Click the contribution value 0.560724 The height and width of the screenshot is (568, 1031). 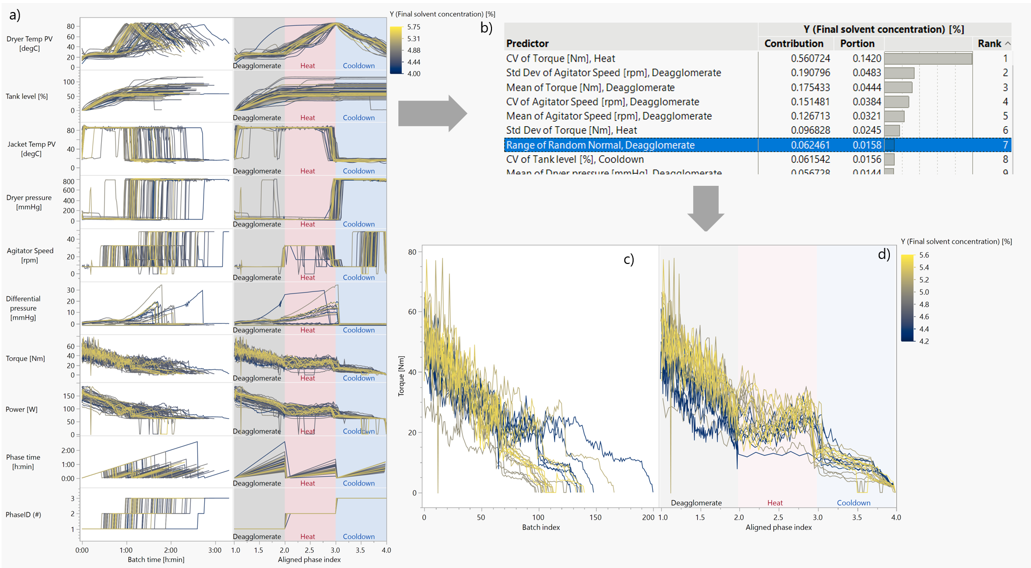pos(810,59)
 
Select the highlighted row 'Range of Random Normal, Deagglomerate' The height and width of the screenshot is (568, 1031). pos(600,145)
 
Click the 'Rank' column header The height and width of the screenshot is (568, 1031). pos(989,44)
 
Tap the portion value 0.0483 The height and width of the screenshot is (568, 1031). pos(866,73)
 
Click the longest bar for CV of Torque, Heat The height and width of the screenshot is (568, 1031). pos(928,59)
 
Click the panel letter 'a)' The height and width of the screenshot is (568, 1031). pos(15,15)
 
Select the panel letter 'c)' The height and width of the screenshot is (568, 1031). pos(629,259)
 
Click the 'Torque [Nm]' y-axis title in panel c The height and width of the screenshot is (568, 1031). pos(401,376)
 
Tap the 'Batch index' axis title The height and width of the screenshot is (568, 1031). pos(541,527)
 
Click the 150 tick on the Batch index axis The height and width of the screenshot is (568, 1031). pos(595,517)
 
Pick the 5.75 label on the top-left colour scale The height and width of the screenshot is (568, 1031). pos(413,27)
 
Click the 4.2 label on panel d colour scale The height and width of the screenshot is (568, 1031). pos(923,342)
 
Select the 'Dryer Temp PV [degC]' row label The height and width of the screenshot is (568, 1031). pos(29,44)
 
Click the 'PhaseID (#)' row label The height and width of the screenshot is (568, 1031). pos(23,514)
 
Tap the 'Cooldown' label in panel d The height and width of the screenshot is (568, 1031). pos(853,503)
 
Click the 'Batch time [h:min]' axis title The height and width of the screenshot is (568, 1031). pos(156,559)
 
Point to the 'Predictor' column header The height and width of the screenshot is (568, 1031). pos(527,44)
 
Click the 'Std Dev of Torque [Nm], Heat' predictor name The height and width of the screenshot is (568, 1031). pos(571,131)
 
